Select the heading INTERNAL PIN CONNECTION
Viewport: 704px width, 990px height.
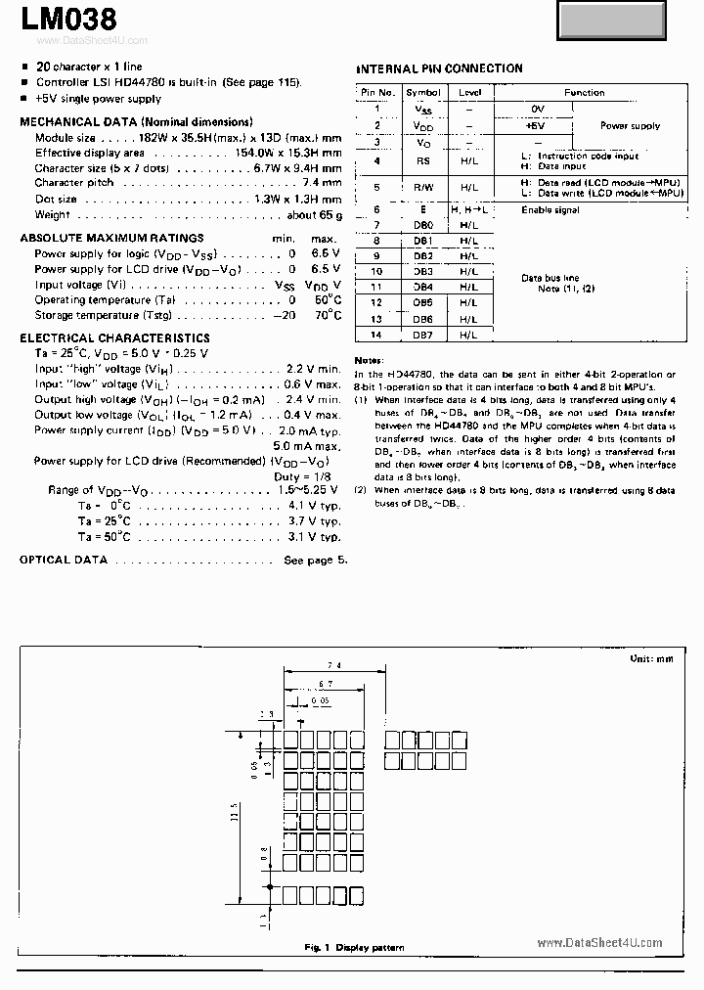tap(438, 68)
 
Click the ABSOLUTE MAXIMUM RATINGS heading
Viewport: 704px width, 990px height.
tap(111, 238)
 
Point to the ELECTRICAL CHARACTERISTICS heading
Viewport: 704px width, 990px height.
tap(114, 337)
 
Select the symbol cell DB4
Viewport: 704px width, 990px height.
tap(422, 287)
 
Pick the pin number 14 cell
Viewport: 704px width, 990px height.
tap(376, 335)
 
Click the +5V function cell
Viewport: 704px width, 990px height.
tap(535, 125)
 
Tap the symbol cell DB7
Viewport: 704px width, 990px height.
tap(422, 335)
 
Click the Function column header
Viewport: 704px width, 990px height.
tap(584, 93)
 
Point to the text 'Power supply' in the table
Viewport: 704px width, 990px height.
tap(630, 125)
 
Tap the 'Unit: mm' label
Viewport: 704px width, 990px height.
tap(651, 659)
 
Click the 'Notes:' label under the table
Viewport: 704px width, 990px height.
tap(369, 360)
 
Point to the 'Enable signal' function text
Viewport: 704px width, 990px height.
tap(550, 209)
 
